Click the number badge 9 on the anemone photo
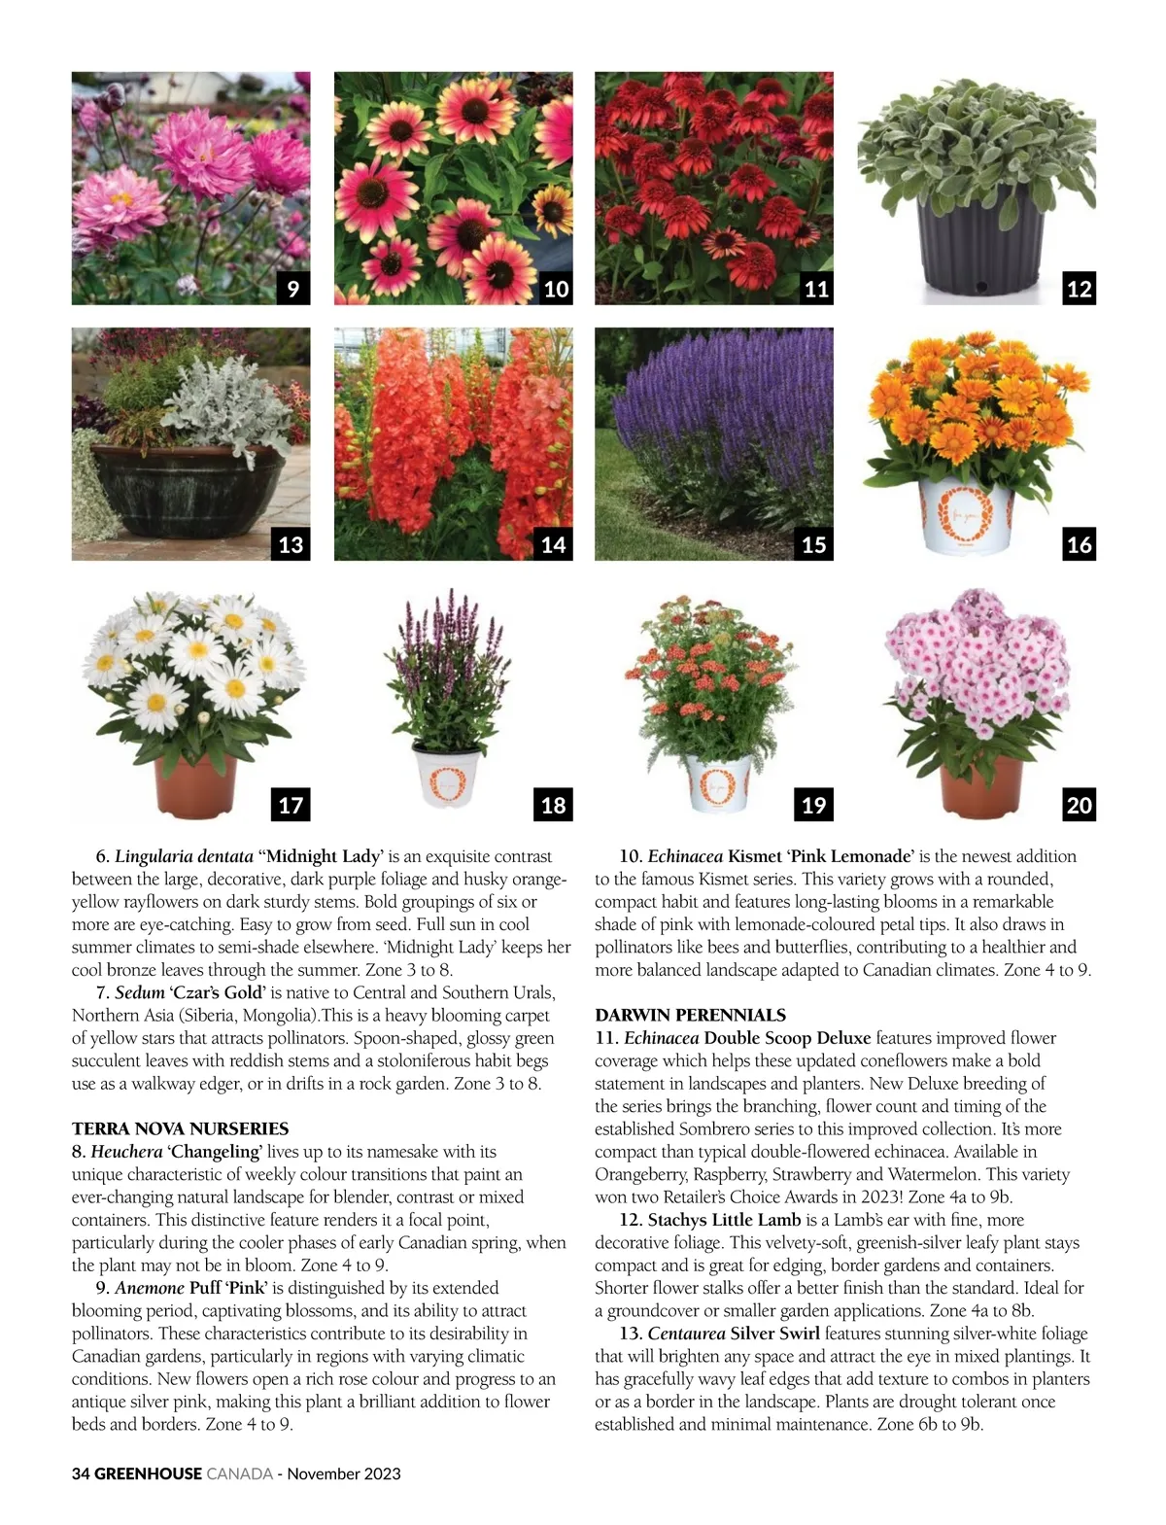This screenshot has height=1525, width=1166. pos(292,289)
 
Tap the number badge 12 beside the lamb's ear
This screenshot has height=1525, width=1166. pos(1079,289)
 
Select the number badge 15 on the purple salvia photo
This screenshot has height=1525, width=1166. pos(814,544)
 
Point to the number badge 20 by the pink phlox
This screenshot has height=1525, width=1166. pos(1079,805)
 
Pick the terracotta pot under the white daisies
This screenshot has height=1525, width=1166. pos(196,786)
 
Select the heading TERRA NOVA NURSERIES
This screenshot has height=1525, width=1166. pos(180,1128)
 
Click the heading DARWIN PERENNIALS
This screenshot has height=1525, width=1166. pos(690,1015)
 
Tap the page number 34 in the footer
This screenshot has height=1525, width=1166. pos(81,1473)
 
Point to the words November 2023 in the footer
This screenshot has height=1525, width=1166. pos(344,1473)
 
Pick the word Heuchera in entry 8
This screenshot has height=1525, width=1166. pos(126,1152)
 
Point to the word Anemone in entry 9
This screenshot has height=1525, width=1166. pos(150,1288)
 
